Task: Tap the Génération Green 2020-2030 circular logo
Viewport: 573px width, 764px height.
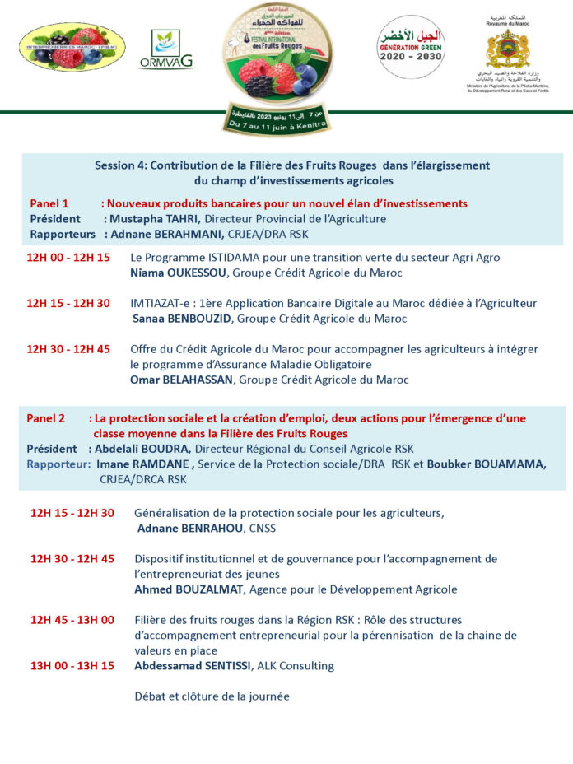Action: click(x=411, y=48)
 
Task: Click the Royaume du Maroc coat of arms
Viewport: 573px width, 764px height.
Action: click(x=507, y=50)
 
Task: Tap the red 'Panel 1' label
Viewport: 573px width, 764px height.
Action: click(x=49, y=203)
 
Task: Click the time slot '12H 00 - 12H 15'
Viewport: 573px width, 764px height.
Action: click(x=68, y=258)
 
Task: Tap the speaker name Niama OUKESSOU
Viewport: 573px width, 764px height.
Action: click(x=179, y=273)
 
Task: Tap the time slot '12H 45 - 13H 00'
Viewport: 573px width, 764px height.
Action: click(x=72, y=620)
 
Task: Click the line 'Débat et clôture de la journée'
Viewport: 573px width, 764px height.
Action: click(x=212, y=696)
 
